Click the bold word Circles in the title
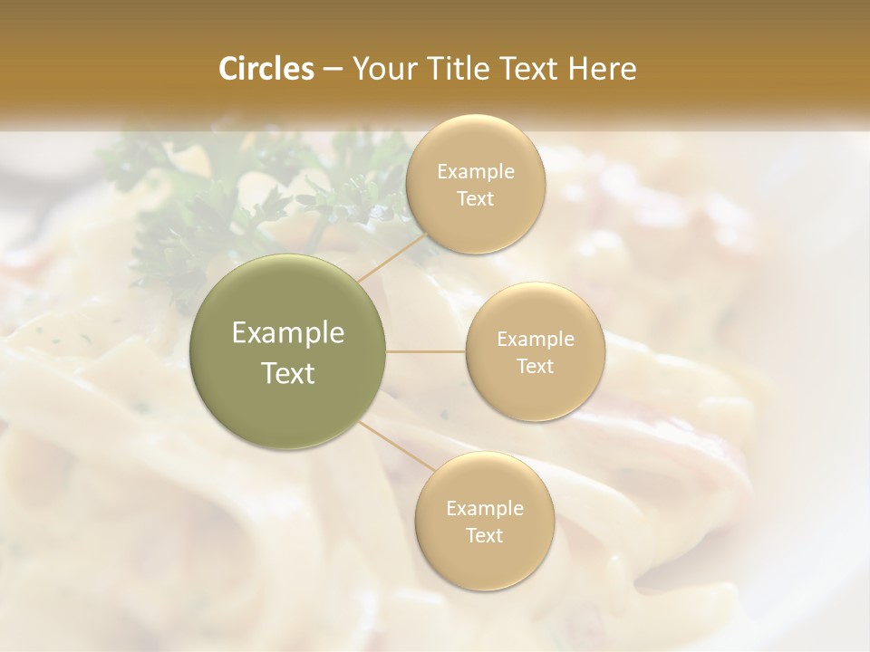point(266,69)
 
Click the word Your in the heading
point(382,69)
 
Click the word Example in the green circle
point(288,333)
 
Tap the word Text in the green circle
point(288,373)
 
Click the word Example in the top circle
point(476,172)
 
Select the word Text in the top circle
point(476,198)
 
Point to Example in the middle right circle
point(536,340)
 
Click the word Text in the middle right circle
point(536,366)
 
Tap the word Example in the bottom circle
point(485,509)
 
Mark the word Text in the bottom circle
point(485,535)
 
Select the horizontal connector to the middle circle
point(426,351)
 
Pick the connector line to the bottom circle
point(397,445)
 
